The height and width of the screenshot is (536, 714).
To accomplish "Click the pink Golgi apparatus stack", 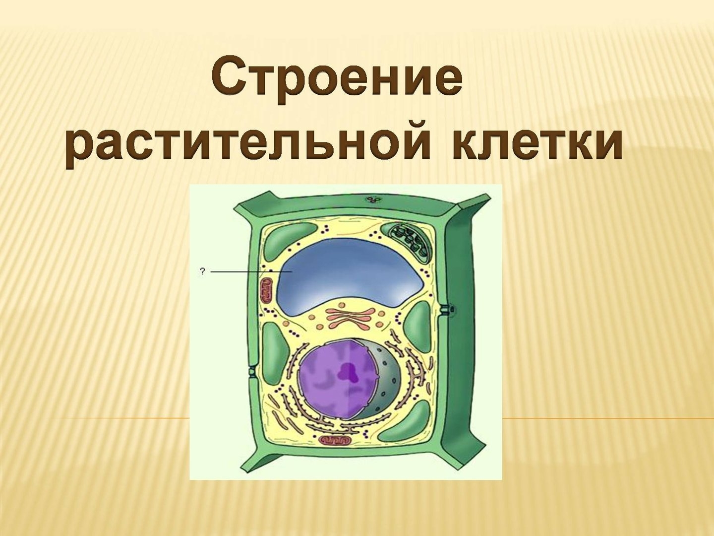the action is pyautogui.click(x=349, y=317).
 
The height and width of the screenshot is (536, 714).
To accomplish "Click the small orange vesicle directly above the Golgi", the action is pyautogui.click(x=342, y=306).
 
